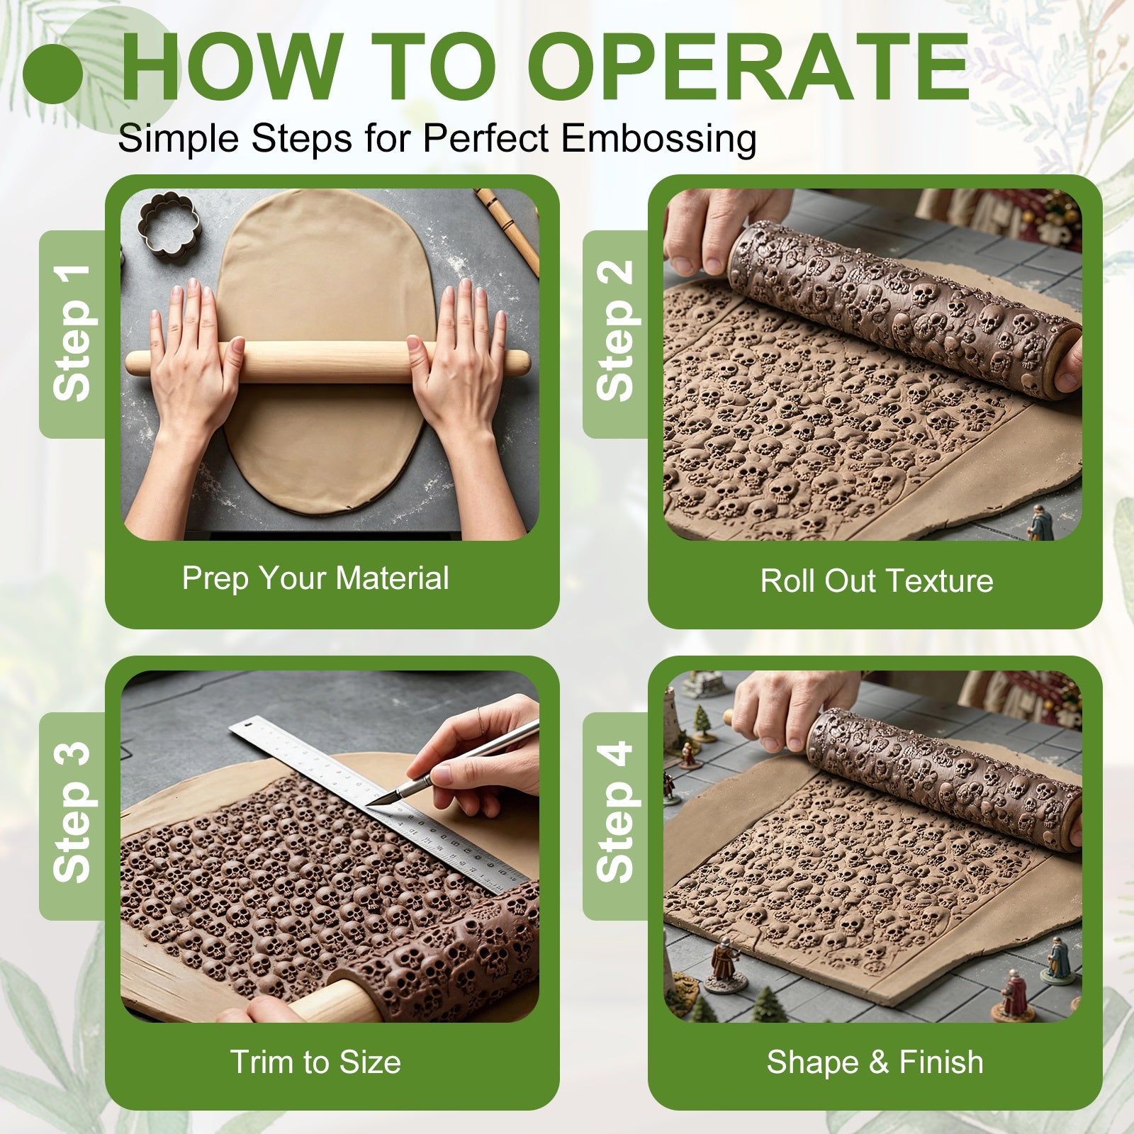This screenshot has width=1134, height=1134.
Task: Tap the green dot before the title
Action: pyautogui.click(x=52, y=74)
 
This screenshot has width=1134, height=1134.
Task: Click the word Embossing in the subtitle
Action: pyautogui.click(x=658, y=139)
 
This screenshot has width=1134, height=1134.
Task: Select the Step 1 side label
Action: pyautogui.click(x=72, y=333)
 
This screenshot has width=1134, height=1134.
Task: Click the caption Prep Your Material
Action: pyautogui.click(x=315, y=578)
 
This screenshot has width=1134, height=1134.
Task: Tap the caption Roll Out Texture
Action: pyautogui.click(x=877, y=580)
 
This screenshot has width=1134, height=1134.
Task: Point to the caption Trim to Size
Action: pyautogui.click(x=315, y=1062)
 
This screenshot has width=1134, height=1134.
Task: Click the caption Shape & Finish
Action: pyautogui.click(x=875, y=1062)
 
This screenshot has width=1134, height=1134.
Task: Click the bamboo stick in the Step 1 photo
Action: pyautogui.click(x=507, y=230)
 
